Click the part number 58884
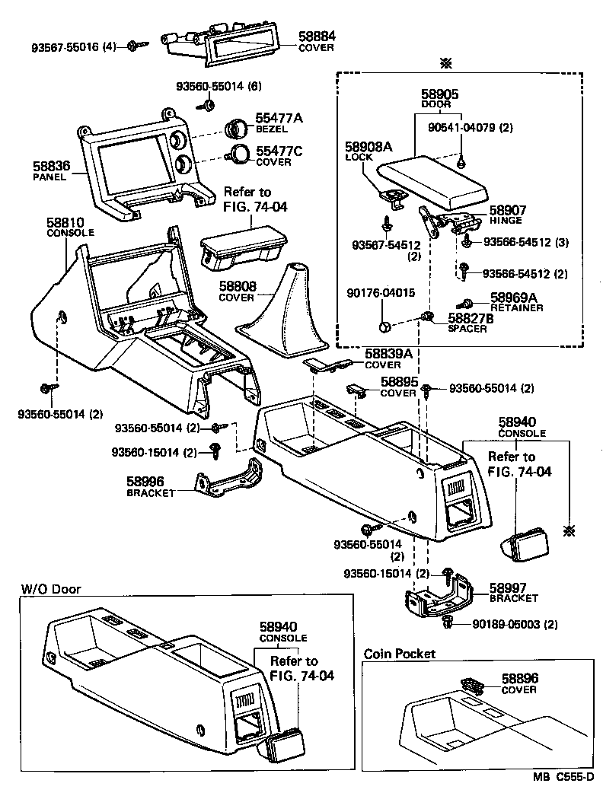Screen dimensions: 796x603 [x=317, y=36]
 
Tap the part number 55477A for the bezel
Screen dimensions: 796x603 [x=279, y=118]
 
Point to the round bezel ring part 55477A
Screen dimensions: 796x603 [x=238, y=129]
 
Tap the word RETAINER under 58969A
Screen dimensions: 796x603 [x=516, y=308]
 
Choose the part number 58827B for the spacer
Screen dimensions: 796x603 [x=470, y=319]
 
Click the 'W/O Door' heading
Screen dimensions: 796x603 [x=50, y=589]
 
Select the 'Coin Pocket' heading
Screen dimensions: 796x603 [x=399, y=654]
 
